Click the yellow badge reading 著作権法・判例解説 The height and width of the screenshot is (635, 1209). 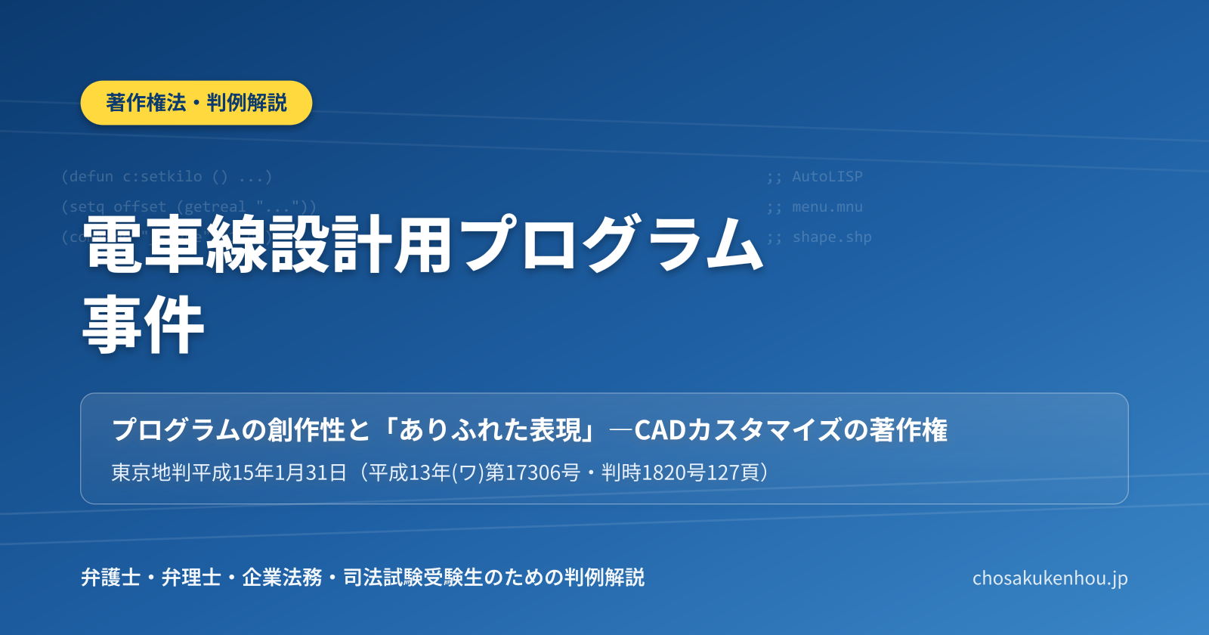[196, 103]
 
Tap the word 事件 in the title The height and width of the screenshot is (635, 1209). [144, 325]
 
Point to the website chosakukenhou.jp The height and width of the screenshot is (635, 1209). [1050, 578]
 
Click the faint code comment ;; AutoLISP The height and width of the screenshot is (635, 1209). [815, 177]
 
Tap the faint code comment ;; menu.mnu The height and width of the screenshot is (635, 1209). [815, 207]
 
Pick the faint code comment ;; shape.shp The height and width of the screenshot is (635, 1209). [819, 237]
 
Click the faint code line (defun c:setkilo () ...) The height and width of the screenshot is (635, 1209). [166, 177]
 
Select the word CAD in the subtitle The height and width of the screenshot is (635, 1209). [660, 430]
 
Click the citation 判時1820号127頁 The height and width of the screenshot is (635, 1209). [680, 473]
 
